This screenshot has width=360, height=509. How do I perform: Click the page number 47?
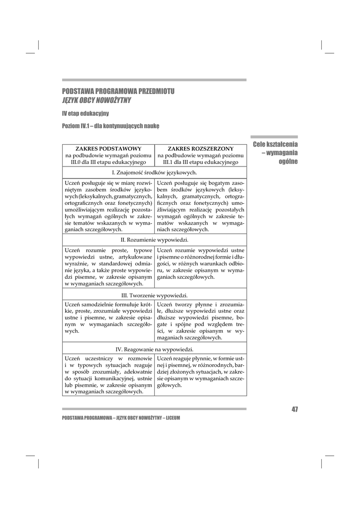coord(294,409)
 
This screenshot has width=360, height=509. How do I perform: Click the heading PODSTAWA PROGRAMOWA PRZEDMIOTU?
coord(118,91)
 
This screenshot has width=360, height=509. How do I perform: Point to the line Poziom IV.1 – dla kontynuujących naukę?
coord(110,126)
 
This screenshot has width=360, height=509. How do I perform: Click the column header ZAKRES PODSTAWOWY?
coord(108,149)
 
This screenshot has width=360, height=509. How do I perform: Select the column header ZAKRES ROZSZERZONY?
coord(200,149)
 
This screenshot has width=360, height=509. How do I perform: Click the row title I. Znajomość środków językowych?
coord(154,172)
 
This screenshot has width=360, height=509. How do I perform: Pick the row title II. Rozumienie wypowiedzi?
coord(154,240)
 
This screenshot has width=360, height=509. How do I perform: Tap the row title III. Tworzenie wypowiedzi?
coord(154,295)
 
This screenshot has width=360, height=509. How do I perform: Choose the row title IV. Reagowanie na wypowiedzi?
coord(154,349)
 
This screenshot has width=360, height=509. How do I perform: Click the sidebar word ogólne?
coord(288,162)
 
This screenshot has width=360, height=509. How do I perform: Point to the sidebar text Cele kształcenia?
coord(275,144)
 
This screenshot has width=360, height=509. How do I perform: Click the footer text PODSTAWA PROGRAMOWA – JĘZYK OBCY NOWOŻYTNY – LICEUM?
coord(121,418)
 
